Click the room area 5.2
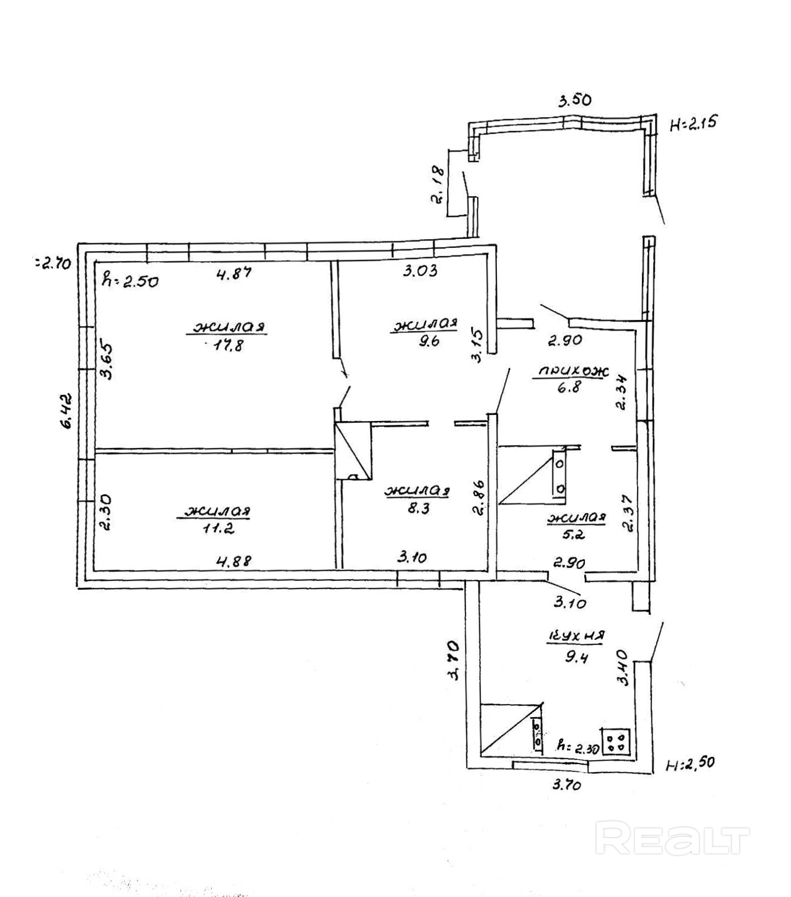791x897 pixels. tap(575, 534)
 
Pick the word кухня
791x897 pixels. tap(576, 636)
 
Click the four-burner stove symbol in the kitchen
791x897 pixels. tap(617, 742)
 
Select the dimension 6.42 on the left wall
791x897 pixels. tap(66, 411)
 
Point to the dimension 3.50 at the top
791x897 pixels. tap(574, 100)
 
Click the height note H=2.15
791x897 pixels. tap(694, 123)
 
